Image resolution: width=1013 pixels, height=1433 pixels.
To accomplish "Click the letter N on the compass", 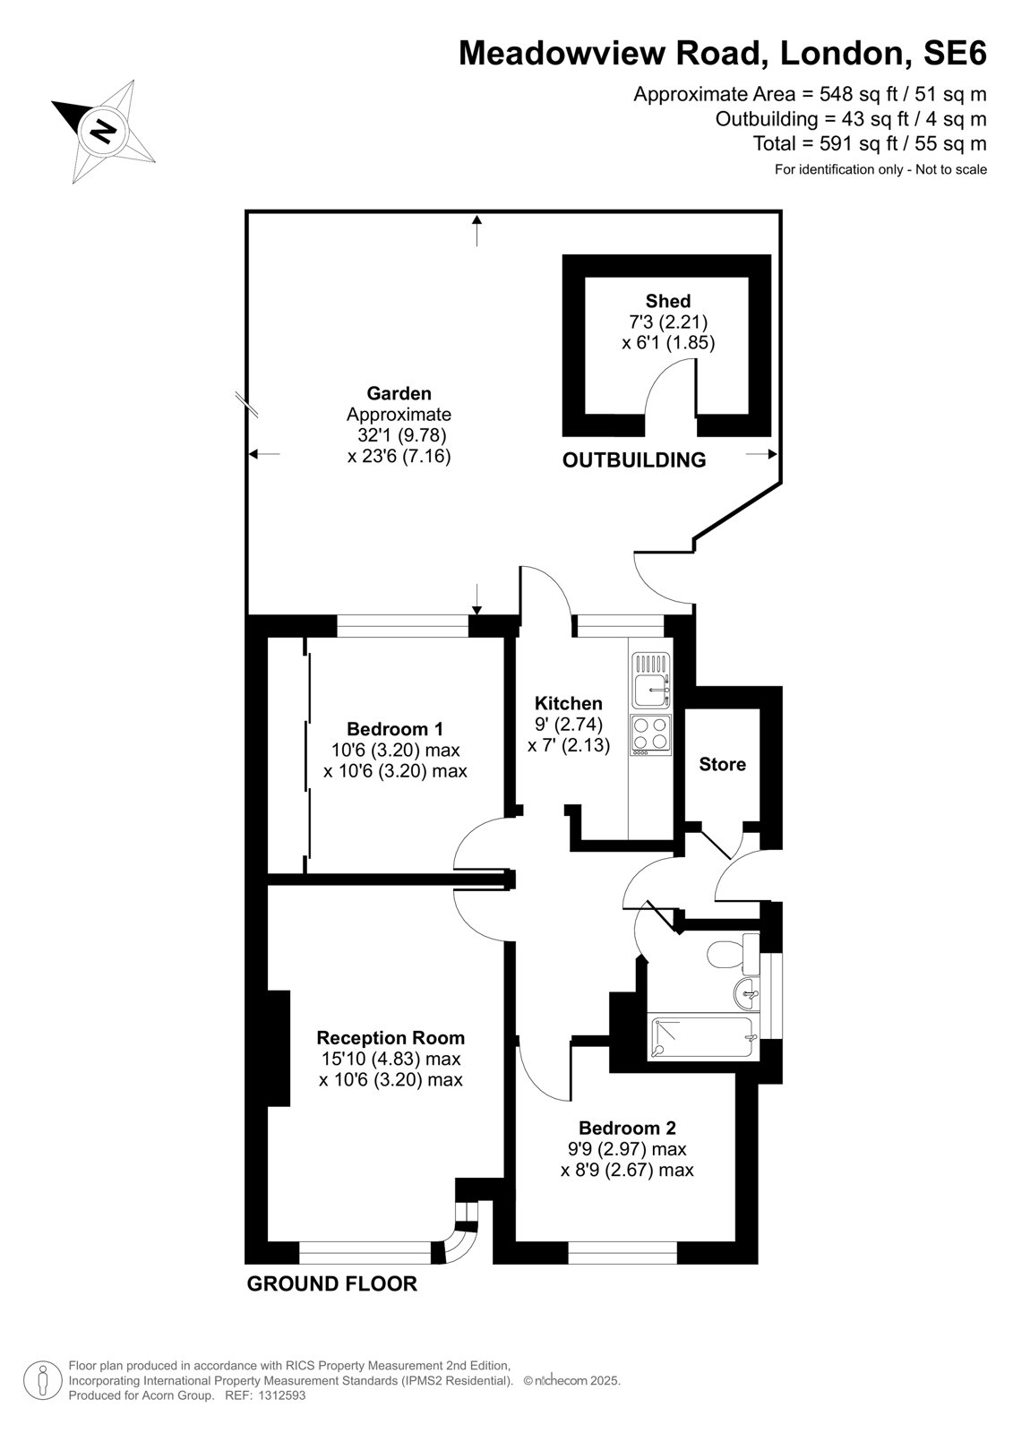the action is pos(103,131).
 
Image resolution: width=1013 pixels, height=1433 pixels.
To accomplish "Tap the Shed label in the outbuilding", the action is pos(667,301).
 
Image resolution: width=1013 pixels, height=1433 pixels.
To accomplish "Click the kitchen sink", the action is pos(651,680).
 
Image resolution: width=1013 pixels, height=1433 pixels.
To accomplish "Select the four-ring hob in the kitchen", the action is pos(651,734).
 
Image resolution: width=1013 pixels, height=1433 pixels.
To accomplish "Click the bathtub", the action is pos(702,1037).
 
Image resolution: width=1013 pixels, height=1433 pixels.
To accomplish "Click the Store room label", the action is pos(722,764).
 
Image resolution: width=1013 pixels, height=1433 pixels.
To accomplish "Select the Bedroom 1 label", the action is pos(394,729).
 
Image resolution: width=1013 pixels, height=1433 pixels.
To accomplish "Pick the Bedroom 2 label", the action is pos(626,1128).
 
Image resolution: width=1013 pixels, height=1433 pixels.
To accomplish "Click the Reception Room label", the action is pos(391,1038).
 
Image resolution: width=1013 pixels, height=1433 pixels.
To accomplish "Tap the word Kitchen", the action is pos(568,703).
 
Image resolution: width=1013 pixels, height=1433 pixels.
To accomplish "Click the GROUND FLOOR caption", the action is pos(331,1283).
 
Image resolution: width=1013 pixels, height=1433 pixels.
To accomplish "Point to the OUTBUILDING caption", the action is pos(633,459).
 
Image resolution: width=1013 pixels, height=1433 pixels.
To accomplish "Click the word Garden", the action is pos(399,393).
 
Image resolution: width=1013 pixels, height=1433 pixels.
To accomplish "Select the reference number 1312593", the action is pos(281,1395).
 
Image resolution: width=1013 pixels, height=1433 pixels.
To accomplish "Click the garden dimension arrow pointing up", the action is pos(476,230).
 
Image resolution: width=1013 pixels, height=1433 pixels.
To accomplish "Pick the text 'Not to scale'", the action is pos(951,169).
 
